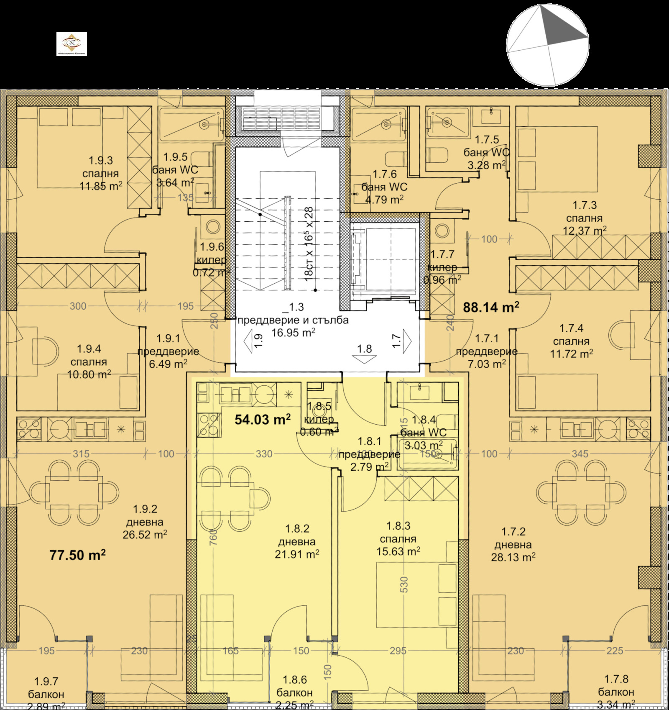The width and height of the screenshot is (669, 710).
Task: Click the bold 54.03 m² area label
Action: [x=262, y=419]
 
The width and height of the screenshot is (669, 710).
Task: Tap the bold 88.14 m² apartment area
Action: [x=491, y=308]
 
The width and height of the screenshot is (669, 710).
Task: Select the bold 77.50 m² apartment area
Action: [x=77, y=555]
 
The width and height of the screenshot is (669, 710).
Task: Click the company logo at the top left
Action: [x=71, y=44]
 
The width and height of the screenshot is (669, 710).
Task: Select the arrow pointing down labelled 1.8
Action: [x=364, y=358]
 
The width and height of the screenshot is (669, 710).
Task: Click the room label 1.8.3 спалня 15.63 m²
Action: [x=398, y=539]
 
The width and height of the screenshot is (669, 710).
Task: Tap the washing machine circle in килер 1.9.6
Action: [x=213, y=227]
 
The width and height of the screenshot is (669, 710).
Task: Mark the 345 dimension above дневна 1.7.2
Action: [x=580, y=454]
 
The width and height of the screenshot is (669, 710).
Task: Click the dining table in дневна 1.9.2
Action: [x=74, y=493]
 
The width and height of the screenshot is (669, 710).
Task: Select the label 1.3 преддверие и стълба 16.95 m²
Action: [x=293, y=320]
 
